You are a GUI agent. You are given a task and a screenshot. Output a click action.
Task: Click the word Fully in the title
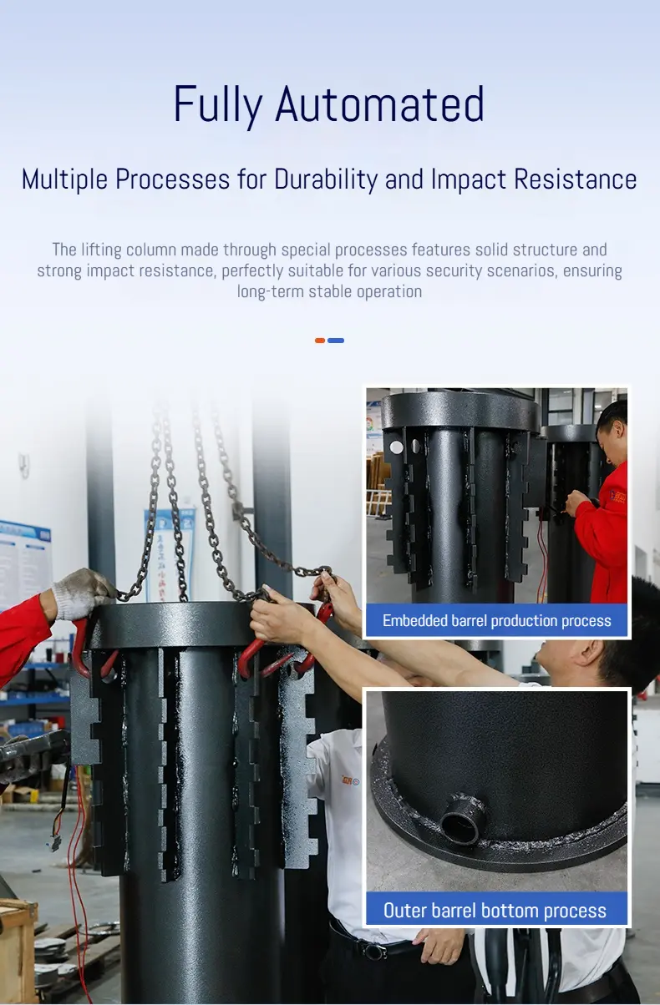point(218,105)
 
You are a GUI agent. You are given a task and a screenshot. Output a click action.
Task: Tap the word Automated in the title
point(380,104)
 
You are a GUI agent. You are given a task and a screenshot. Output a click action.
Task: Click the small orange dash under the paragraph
point(320,341)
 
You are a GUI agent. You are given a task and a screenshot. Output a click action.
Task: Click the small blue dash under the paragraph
point(336,341)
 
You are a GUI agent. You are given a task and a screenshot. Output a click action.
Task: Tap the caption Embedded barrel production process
point(496,621)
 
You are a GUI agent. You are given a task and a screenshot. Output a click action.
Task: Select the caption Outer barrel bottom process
point(495,911)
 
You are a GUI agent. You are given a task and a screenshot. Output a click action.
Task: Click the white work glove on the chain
point(82,593)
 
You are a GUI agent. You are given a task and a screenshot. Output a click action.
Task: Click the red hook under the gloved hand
point(80,647)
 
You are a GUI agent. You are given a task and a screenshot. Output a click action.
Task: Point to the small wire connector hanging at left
point(55,843)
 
